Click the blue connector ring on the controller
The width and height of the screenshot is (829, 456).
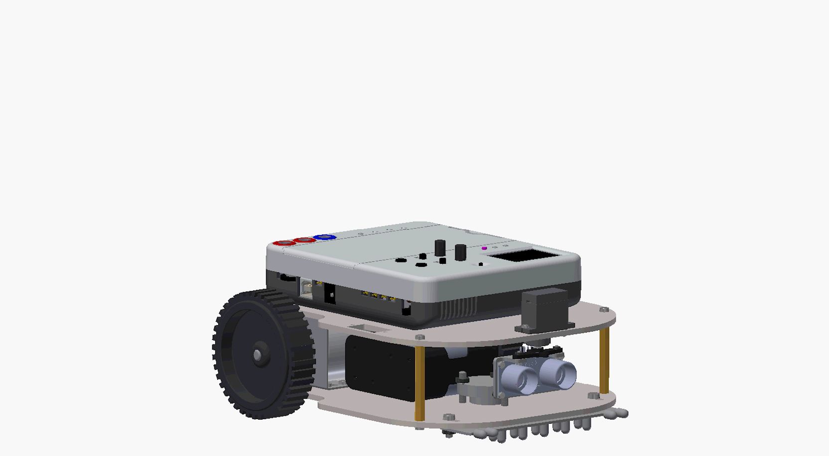pyautogui.click(x=325, y=237)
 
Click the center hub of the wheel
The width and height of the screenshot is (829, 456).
pyautogui.click(x=259, y=354)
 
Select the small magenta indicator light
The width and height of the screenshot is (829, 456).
pyautogui.click(x=484, y=248)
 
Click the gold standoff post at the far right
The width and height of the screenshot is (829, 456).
pyautogui.click(x=604, y=361)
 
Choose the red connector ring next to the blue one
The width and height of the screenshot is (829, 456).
pyautogui.click(x=304, y=240)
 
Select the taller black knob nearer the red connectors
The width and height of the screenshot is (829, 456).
pyautogui.click(x=440, y=248)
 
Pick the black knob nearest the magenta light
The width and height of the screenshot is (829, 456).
pyautogui.click(x=461, y=252)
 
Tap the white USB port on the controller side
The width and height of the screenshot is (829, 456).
pyautogui.click(x=306, y=288)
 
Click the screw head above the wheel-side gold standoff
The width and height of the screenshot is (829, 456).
pyautogui.click(x=420, y=338)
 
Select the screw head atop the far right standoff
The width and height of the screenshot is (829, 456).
pyautogui.click(x=604, y=310)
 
